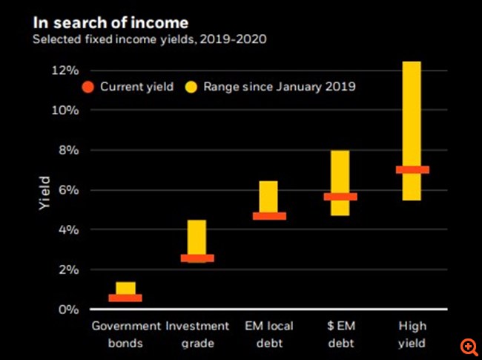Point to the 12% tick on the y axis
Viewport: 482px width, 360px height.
click(65, 71)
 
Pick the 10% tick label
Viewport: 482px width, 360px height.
click(65, 111)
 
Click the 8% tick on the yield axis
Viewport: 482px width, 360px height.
click(68, 151)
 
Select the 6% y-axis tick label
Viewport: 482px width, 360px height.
click(68, 190)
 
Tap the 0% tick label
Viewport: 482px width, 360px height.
click(68, 310)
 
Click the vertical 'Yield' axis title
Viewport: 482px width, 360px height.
click(44, 192)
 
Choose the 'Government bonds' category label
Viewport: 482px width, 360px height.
click(125, 334)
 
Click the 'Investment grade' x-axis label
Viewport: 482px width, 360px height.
click(197, 334)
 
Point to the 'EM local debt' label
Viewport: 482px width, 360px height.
click(268, 334)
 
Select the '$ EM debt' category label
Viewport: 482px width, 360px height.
click(340, 334)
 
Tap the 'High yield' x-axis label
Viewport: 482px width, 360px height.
click(412, 334)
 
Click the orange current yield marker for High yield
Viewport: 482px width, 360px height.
click(412, 170)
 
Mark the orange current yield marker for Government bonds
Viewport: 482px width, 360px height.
click(125, 298)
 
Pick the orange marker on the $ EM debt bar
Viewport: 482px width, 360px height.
click(340, 197)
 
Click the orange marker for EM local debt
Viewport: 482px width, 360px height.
click(268, 216)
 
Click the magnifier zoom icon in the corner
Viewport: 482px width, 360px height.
click(469, 347)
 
